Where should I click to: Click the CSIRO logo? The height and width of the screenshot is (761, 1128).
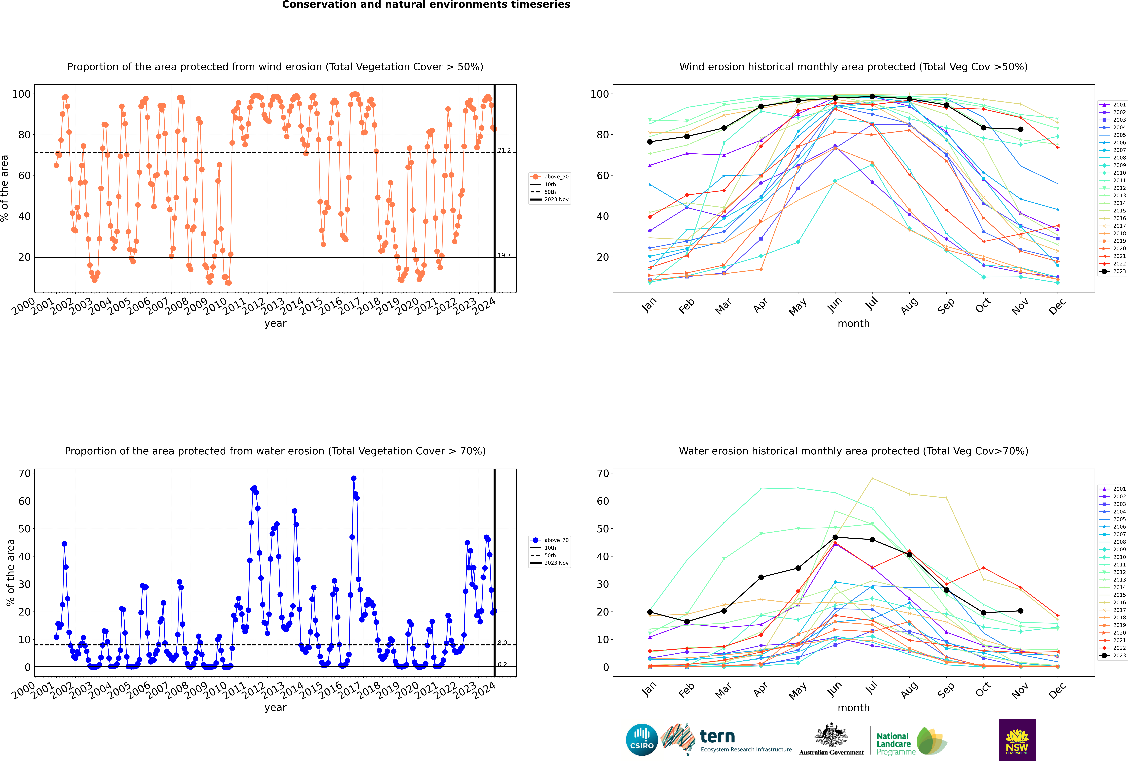point(642,740)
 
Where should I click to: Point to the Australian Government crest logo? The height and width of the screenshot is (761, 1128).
point(831,736)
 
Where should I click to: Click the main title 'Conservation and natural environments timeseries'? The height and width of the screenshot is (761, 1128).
point(426,5)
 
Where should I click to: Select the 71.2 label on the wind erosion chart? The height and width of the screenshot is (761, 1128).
point(504,150)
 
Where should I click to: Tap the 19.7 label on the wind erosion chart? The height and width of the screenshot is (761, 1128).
point(504,255)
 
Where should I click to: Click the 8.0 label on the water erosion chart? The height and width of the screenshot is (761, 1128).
point(502,643)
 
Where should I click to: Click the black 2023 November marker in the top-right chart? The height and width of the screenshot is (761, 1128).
point(1020,129)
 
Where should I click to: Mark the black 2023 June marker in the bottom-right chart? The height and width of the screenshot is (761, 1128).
point(835,537)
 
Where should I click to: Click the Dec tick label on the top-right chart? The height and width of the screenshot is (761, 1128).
point(1057,306)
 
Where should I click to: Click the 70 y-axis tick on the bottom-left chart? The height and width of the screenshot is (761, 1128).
point(25,473)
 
